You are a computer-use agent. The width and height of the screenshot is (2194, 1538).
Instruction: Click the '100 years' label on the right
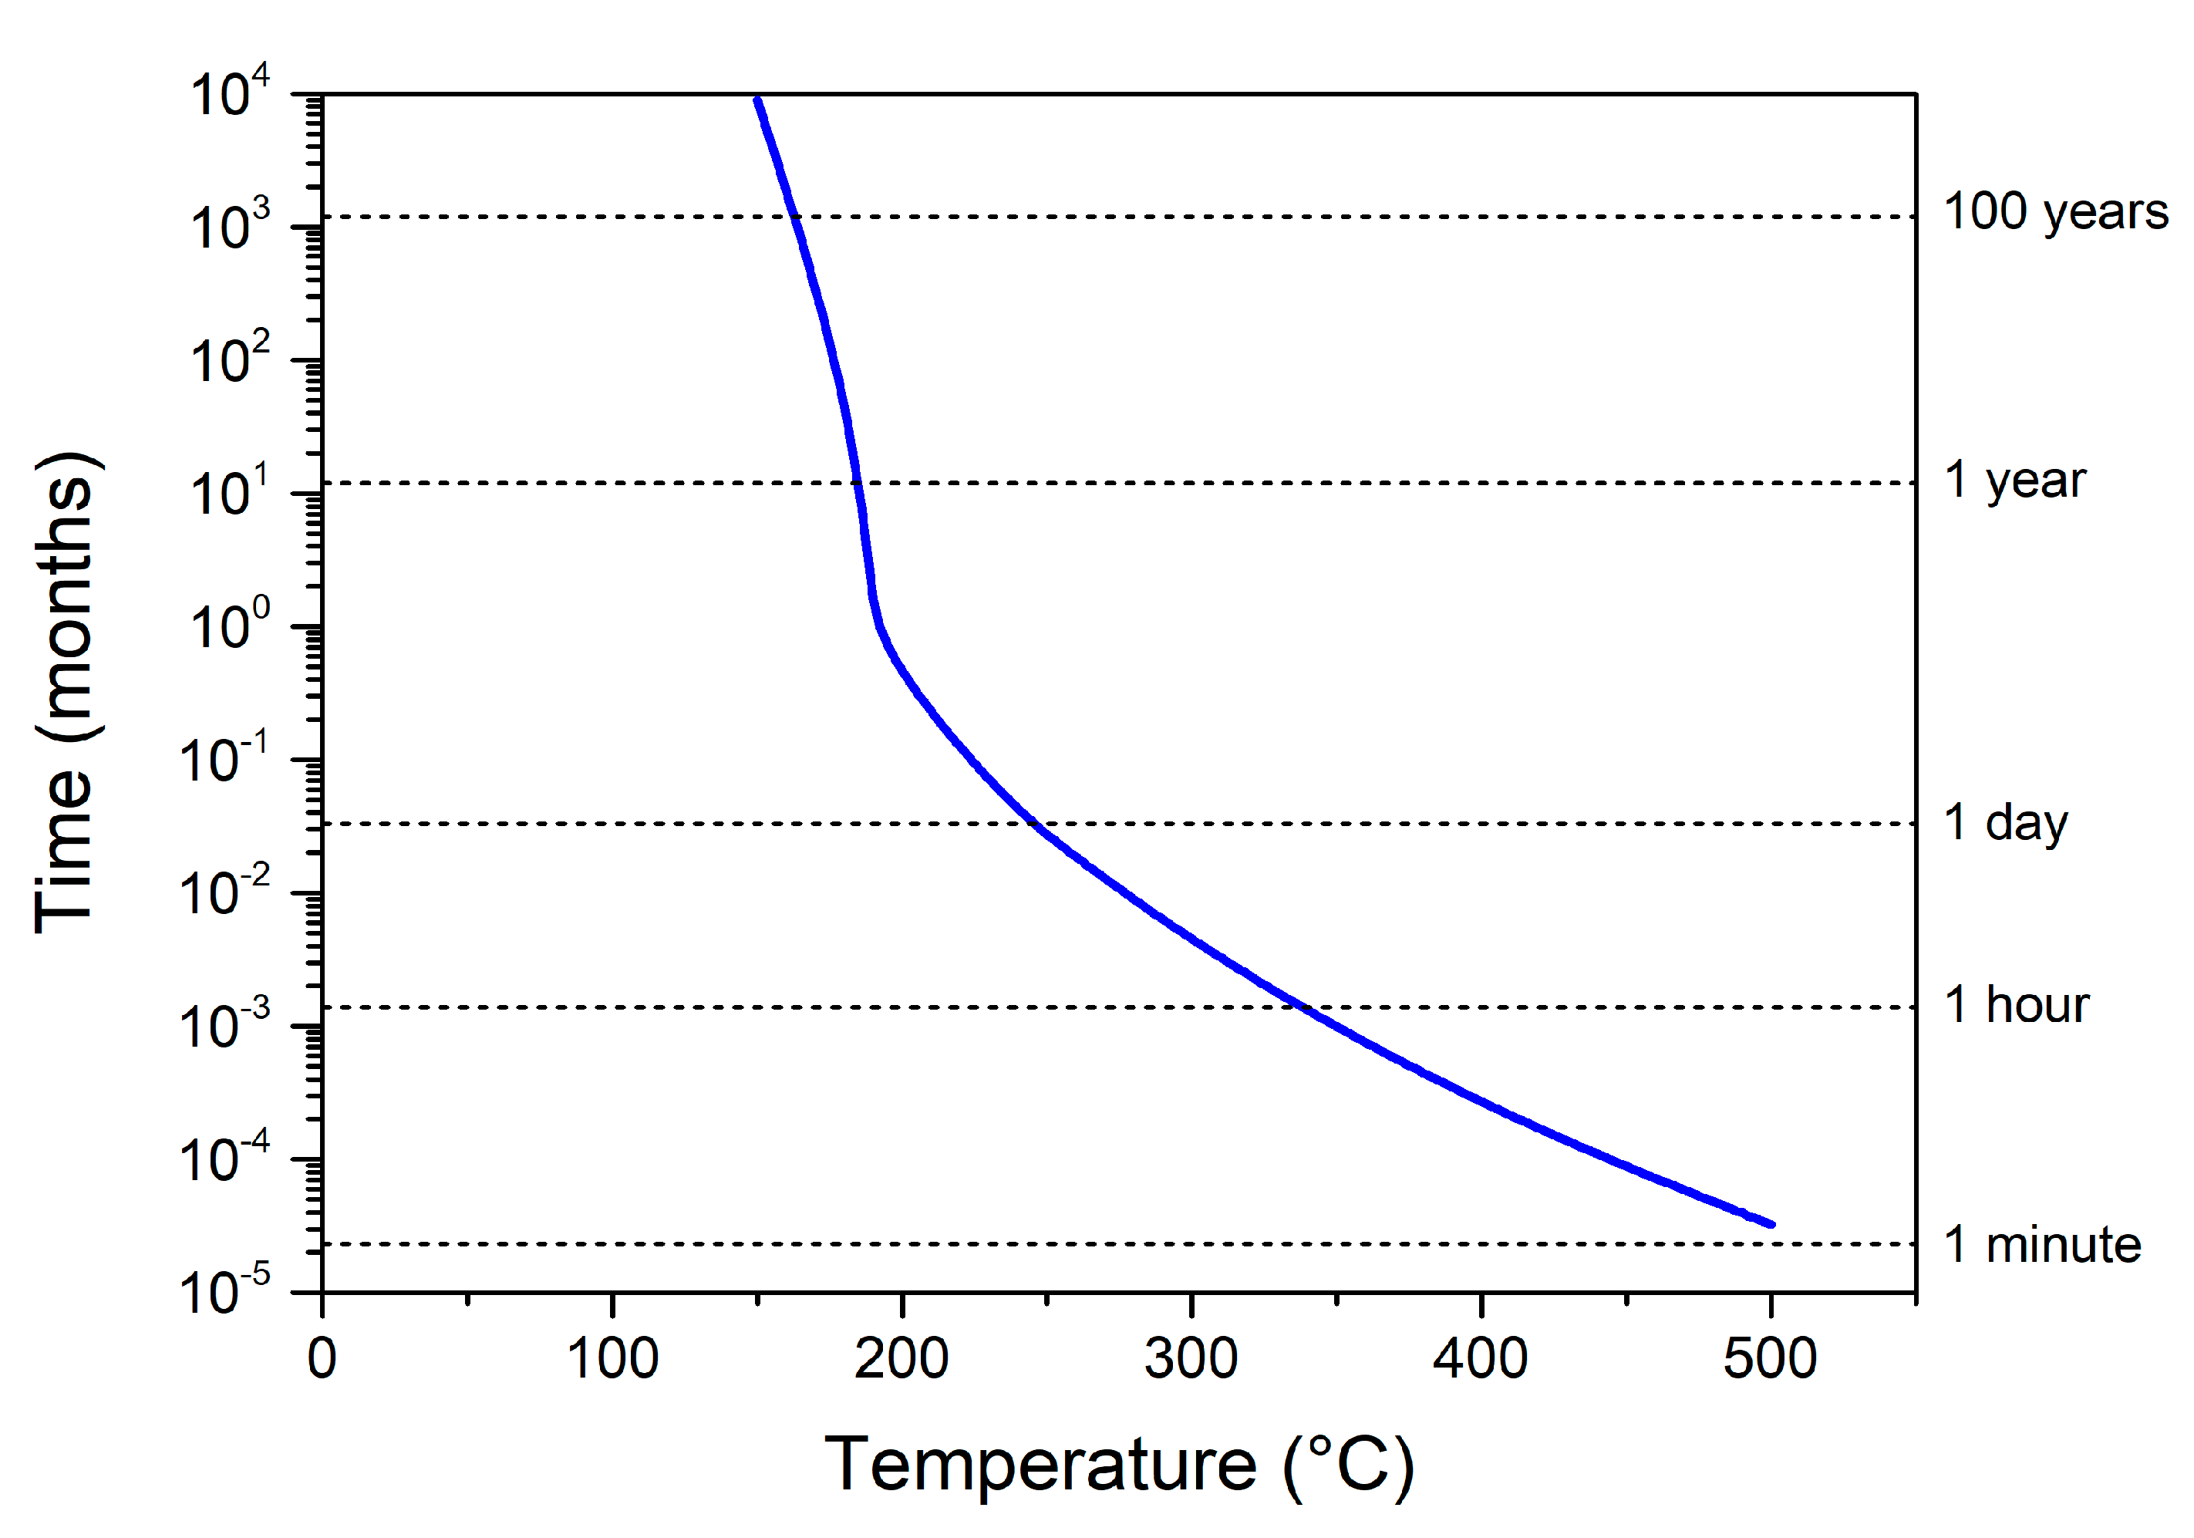point(2055,212)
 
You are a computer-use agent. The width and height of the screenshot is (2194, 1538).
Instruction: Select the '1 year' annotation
point(2015,481)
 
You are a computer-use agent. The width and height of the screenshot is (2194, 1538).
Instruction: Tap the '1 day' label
point(2006,823)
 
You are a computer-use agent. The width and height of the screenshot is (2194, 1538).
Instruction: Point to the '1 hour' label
point(2017,1006)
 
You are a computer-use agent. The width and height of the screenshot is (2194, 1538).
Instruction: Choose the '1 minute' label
point(2042,1246)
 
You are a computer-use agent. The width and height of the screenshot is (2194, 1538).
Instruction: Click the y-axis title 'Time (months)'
point(65,692)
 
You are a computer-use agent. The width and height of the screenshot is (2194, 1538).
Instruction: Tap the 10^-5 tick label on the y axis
point(225,1293)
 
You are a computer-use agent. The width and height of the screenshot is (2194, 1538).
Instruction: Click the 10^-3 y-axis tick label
point(225,1026)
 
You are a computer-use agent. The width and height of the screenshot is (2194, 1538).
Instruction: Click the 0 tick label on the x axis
point(322,1358)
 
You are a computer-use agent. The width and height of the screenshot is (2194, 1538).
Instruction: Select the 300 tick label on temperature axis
point(1191,1358)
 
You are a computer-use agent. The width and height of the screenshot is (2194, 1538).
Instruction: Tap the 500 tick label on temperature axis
point(1770,1358)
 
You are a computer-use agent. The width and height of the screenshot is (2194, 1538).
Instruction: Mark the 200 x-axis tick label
point(901,1358)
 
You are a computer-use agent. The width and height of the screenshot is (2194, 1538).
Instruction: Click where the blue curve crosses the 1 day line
point(1033,823)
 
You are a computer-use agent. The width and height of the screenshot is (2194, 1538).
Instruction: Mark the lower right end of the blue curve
point(1771,1223)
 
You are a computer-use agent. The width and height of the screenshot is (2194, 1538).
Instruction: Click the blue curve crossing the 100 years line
point(794,217)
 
